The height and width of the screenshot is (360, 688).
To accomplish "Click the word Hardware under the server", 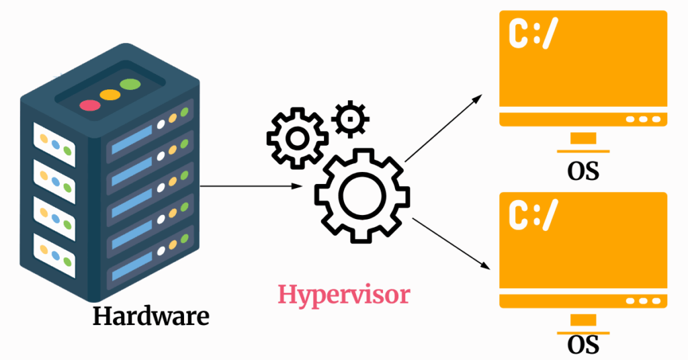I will tap(150, 316).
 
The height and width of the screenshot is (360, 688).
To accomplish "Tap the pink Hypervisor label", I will tap(344, 295).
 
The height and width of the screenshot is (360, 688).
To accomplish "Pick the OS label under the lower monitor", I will tap(583, 346).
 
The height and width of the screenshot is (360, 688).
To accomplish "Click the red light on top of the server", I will tap(89, 105).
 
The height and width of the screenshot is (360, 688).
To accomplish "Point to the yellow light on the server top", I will tap(110, 95).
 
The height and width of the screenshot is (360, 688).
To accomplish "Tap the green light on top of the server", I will tap(130, 85).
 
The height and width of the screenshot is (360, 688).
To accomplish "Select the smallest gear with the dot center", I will tap(350, 120).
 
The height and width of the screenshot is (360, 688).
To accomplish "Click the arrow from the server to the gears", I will tap(249, 186).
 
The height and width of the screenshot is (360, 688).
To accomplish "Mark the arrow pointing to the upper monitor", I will tap(444, 128).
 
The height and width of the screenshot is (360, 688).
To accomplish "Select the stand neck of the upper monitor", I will tap(583, 138).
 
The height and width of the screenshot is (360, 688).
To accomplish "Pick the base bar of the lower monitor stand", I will tap(583, 333).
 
